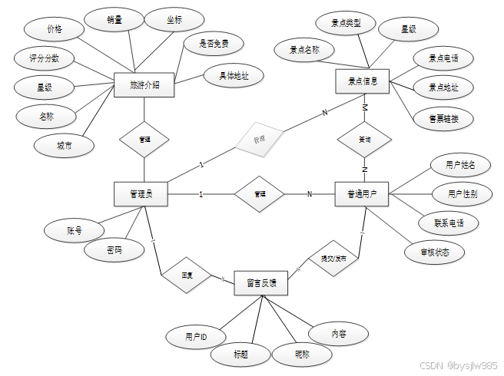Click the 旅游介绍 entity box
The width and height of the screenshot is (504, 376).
pyautogui.click(x=144, y=85)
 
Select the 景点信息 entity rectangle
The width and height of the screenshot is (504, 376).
pyautogui.click(x=363, y=80)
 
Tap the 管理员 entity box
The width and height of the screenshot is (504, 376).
pyautogui.click(x=141, y=194)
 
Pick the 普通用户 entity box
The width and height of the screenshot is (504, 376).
pyautogui.click(x=362, y=194)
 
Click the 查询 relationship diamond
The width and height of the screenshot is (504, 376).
pyautogui.click(x=364, y=140)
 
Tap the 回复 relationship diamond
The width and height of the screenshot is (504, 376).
pyautogui.click(x=186, y=274)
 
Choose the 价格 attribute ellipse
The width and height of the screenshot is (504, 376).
pyautogui.click(x=54, y=29)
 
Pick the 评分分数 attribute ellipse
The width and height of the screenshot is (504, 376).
pyautogui.click(x=45, y=58)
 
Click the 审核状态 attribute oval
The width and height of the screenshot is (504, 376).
pyautogui.click(x=435, y=251)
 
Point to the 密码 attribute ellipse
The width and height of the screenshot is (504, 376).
pyautogui.click(x=114, y=250)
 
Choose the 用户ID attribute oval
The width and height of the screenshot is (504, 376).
pyautogui.click(x=196, y=336)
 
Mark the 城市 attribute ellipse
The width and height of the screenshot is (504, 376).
pyautogui.click(x=64, y=145)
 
